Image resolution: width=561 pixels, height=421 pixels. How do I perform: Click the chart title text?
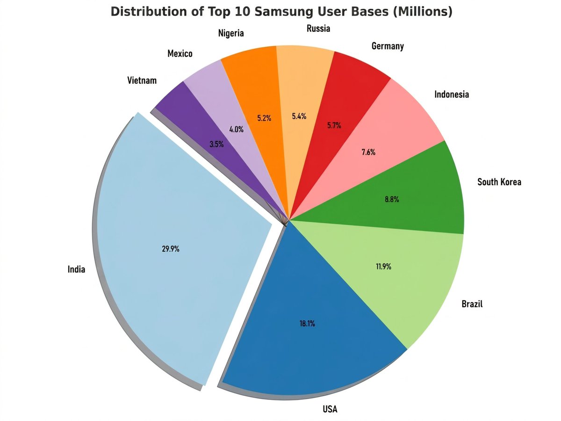(281, 12)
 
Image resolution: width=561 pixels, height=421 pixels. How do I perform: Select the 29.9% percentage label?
(171, 249)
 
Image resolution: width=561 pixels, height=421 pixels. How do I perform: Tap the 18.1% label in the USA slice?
(307, 323)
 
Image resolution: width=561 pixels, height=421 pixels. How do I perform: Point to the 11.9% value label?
(383, 267)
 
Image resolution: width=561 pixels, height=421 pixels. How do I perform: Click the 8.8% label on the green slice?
(391, 199)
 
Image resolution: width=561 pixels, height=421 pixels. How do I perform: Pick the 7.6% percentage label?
(368, 152)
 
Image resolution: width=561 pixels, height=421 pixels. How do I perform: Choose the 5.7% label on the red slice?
(334, 125)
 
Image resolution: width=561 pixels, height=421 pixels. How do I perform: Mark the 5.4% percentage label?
(299, 116)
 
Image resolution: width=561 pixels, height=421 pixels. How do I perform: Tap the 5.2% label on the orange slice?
(264, 118)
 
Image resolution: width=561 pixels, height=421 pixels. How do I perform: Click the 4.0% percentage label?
(236, 130)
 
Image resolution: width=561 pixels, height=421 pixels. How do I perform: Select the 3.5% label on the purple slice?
(216, 144)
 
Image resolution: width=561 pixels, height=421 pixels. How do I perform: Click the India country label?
(76, 269)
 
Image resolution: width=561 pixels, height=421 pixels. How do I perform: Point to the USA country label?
(330, 410)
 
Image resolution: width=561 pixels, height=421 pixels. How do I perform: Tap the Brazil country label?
(472, 304)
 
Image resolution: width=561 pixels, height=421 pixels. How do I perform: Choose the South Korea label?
(499, 182)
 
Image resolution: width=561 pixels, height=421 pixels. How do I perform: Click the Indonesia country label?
(451, 94)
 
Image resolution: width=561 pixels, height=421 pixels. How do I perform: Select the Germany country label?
(388, 46)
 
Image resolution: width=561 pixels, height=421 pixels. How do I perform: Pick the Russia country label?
(318, 29)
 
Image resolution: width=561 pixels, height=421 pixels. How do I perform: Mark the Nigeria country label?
(231, 33)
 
